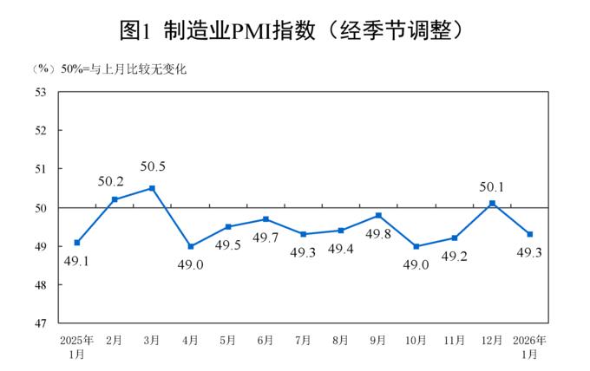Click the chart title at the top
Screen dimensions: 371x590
tap(295, 30)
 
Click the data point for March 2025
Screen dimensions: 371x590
tap(152, 188)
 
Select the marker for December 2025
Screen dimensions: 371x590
tap(492, 204)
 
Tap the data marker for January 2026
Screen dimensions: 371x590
tap(530, 234)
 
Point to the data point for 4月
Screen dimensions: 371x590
tap(190, 246)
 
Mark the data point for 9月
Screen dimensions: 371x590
tap(378, 215)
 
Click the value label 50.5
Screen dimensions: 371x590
tap(152, 167)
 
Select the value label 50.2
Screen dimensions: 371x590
tap(110, 182)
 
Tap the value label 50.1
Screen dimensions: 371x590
tap(492, 185)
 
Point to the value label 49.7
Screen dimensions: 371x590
tap(265, 238)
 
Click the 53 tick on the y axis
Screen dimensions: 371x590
tap(41, 92)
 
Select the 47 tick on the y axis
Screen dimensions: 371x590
tap(41, 323)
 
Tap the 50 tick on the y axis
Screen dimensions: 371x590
tap(41, 208)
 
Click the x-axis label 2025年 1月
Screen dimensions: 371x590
tap(76, 347)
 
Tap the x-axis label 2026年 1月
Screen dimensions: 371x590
tap(530, 347)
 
